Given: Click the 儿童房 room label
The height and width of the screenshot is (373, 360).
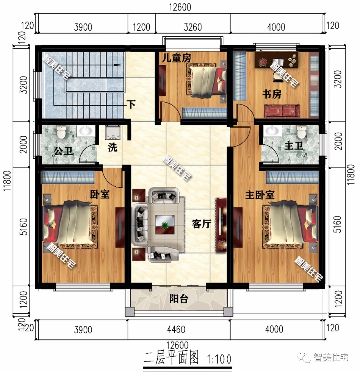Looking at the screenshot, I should (x=177, y=58).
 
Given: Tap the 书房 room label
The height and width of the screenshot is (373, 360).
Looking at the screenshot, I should (x=272, y=94).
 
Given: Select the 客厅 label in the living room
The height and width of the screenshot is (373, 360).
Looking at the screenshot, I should (x=201, y=224).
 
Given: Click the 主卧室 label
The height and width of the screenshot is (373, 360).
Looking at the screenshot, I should (x=260, y=195).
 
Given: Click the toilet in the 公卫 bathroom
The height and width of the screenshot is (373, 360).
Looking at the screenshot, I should (x=61, y=132).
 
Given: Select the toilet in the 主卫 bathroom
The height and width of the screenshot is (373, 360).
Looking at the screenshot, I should (x=301, y=132).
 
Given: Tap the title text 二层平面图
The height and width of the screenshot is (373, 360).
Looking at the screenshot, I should (x=172, y=357).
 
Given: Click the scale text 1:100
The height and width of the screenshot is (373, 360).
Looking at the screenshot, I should (x=219, y=358).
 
